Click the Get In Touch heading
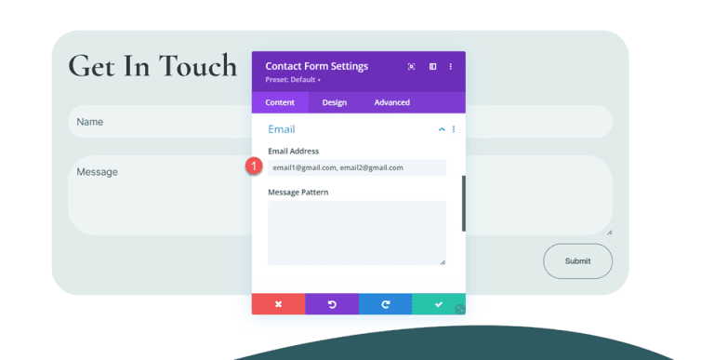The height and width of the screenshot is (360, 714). (x=152, y=65)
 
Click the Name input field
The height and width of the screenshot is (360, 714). (x=158, y=122)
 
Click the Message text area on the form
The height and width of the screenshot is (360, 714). (x=158, y=195)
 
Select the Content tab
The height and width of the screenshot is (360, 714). (x=280, y=102)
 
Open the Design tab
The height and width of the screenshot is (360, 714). (x=335, y=102)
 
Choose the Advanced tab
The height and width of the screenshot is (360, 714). (x=391, y=102)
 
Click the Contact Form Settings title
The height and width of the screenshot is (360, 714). (x=317, y=66)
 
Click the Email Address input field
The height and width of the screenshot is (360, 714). (x=357, y=167)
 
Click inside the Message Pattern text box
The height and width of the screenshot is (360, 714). (x=357, y=233)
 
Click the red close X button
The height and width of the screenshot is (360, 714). (x=278, y=304)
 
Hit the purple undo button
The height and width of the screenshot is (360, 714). (x=332, y=304)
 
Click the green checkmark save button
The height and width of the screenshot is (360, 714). (x=438, y=304)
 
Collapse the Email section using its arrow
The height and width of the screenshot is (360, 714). (x=442, y=129)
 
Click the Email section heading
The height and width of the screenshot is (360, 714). (x=282, y=129)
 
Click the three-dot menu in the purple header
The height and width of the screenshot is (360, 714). (x=451, y=67)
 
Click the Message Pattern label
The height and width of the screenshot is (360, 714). (x=297, y=193)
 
